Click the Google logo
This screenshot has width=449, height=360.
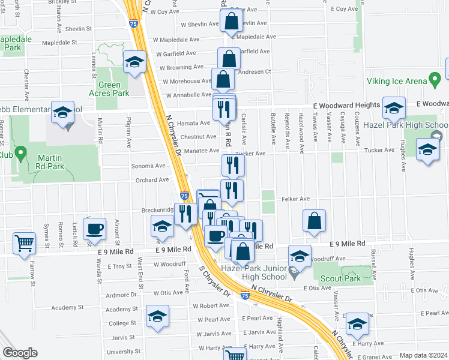pos(20,353)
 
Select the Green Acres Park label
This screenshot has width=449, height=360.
pos(113,89)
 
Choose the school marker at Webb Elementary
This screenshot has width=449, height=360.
pos(62,113)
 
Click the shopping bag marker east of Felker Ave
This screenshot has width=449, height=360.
pos(314,220)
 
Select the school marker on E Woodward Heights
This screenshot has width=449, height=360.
pos(394,108)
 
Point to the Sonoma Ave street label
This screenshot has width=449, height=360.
pos(151,166)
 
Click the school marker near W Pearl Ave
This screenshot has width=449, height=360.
pos(158,316)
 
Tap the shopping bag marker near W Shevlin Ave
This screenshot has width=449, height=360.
pos(231,22)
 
